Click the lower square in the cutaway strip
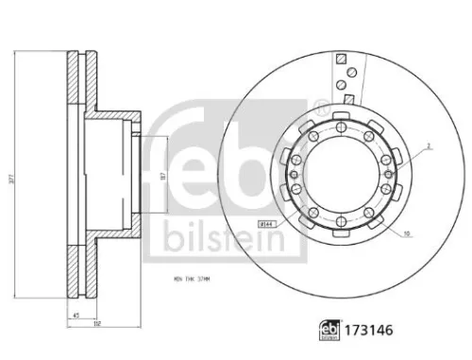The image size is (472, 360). click(x=348, y=97)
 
